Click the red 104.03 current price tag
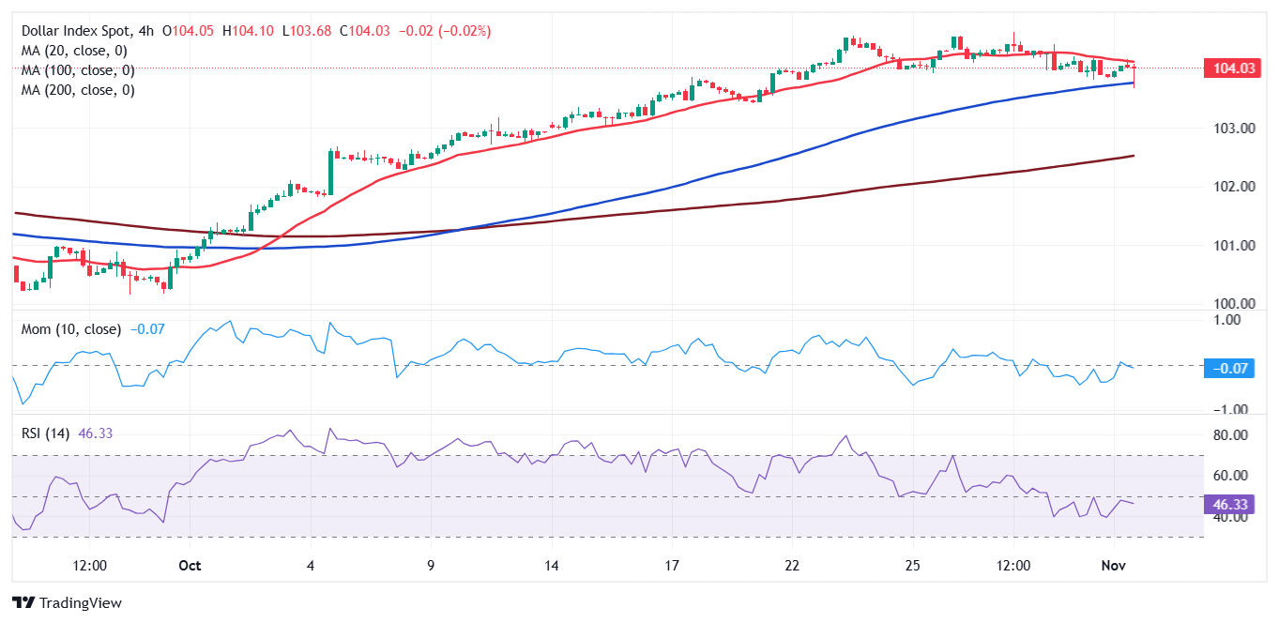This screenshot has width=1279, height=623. coord(1230,68)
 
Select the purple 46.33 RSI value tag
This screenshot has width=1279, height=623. coord(1228,504)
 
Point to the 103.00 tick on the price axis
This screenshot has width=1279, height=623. coord(1228,128)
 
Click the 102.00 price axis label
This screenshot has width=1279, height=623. coord(1228,187)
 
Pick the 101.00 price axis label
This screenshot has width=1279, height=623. coord(1228,246)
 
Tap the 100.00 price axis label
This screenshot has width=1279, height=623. coord(1228,304)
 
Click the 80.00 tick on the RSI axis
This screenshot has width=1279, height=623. coord(1228,435)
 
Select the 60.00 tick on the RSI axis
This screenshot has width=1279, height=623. coord(1228,476)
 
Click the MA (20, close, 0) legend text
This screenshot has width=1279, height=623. coord(74,51)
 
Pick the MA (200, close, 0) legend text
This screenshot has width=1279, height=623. coord(78,90)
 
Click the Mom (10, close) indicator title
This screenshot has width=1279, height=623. coord(71,329)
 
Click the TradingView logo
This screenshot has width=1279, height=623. coord(67,602)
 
